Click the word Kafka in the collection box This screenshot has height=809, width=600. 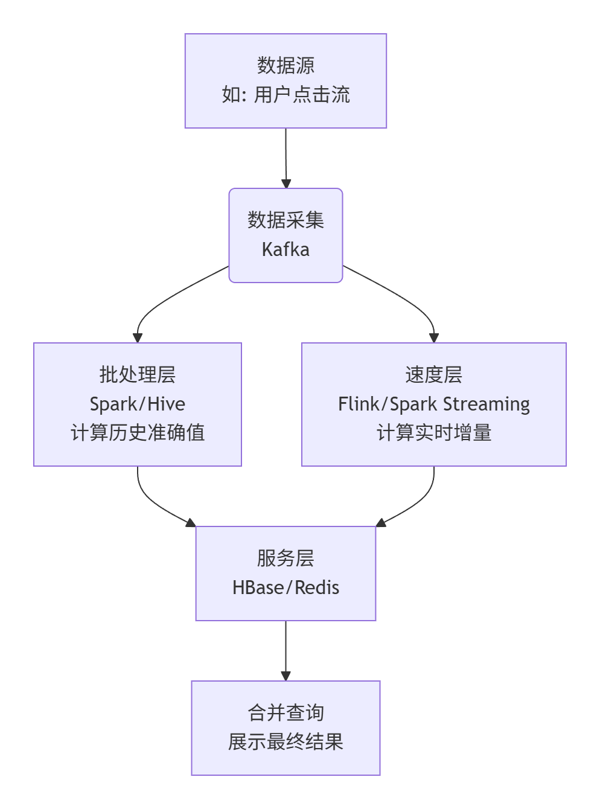tap(286, 249)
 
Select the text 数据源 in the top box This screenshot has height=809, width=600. tap(286, 65)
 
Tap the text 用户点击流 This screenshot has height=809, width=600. tap(302, 95)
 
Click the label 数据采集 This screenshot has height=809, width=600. tap(286, 220)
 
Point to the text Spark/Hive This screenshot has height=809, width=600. tap(138, 404)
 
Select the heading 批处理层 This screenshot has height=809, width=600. tap(138, 375)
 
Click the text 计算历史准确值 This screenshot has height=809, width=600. tap(138, 433)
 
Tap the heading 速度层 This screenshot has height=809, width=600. tap(433, 375)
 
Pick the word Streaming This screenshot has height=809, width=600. tap(487, 404)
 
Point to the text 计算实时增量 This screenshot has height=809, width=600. tap(433, 433)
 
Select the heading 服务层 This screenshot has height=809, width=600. tap(286, 558)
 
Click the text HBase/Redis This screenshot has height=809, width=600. tap(286, 587)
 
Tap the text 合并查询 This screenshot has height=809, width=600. tap(286, 713)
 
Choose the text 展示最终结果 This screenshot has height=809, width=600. tap(286, 742)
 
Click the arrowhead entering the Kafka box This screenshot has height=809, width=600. tap(286, 184)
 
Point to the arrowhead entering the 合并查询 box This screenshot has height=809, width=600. tap(286, 676)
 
